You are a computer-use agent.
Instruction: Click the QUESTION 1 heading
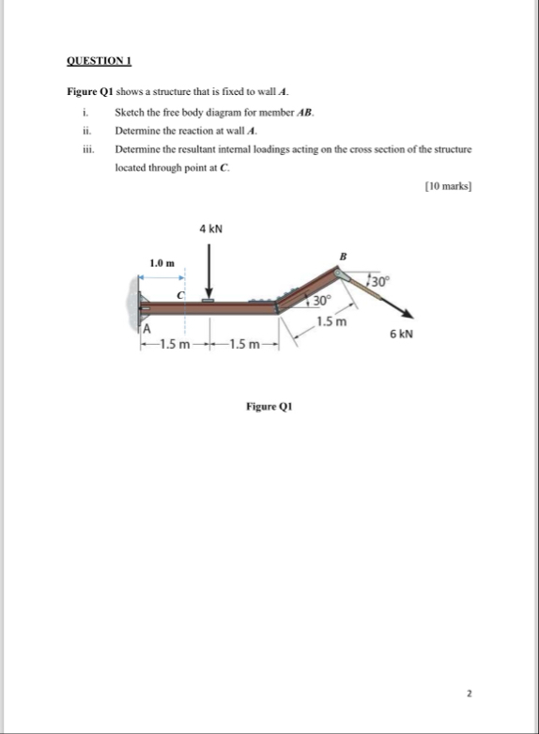pos(99,61)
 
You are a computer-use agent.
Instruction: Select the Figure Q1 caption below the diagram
pos(269,407)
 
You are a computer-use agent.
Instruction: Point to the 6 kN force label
pos(402,334)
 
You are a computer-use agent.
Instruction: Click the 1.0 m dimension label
pos(162,262)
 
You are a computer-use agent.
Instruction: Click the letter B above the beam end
pos(343,256)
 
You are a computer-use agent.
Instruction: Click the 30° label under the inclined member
pos(322,302)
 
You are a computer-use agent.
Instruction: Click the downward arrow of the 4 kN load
pos(210,273)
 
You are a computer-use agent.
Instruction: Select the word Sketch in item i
pos(130,112)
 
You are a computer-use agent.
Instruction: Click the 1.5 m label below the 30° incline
pos(331,321)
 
